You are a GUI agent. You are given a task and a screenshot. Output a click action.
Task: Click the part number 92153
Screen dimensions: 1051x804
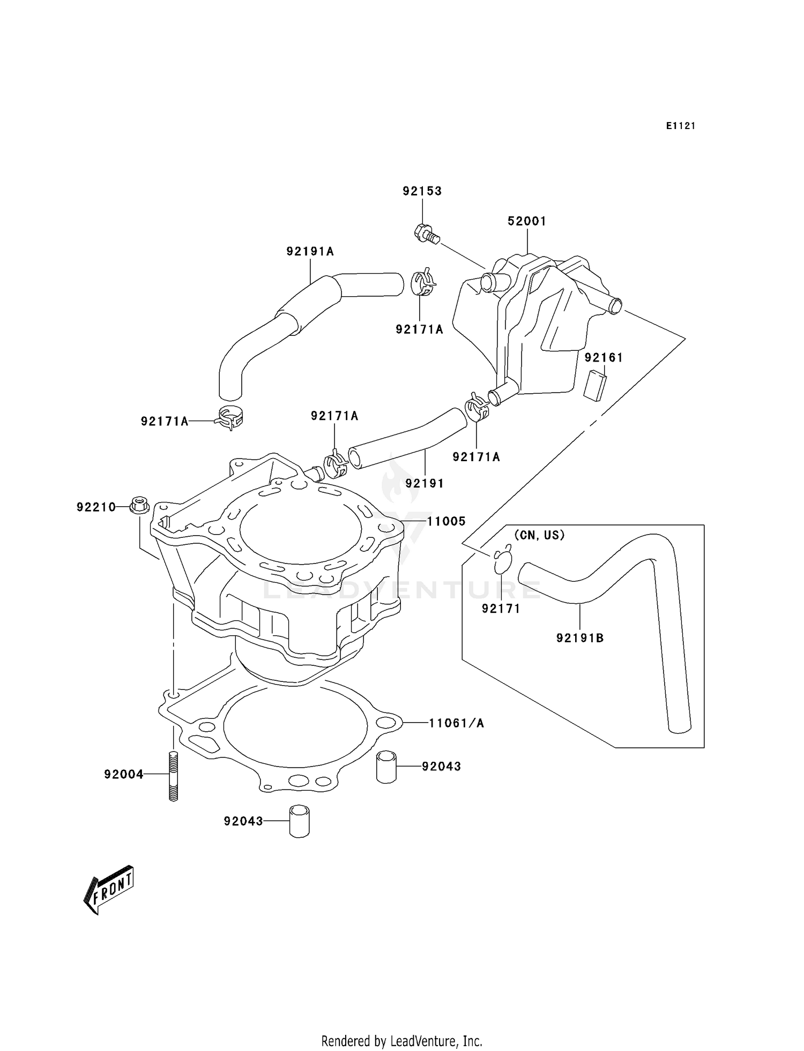coord(422,191)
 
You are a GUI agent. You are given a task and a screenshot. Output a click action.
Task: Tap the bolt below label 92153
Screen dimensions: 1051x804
coord(426,234)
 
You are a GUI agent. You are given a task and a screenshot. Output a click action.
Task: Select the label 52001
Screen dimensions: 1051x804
coord(527,221)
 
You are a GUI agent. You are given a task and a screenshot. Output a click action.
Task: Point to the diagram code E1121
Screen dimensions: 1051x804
coord(681,126)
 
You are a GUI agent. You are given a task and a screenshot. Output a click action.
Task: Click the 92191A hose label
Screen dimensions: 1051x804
coord(310,251)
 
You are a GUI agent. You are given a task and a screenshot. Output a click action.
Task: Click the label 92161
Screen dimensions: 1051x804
coord(604,358)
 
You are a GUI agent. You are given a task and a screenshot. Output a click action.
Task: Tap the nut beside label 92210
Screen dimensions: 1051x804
coord(139,506)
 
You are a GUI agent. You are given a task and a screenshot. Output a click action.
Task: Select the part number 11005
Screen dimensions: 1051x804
coord(446,521)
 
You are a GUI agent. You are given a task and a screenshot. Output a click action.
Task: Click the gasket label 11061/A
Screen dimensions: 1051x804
coord(457,724)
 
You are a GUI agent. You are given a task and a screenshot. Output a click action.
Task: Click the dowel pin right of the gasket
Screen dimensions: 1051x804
coord(386,767)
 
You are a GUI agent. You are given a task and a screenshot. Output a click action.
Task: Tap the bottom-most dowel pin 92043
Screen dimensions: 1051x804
coord(300,821)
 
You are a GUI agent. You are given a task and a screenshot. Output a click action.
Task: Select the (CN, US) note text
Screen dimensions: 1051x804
coord(539,535)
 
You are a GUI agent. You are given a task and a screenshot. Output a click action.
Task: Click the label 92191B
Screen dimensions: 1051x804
coord(580,638)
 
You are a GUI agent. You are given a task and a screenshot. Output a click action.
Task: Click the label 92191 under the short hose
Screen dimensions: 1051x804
coord(425,483)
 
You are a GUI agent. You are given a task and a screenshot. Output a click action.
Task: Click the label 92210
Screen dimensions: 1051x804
coord(96,507)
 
